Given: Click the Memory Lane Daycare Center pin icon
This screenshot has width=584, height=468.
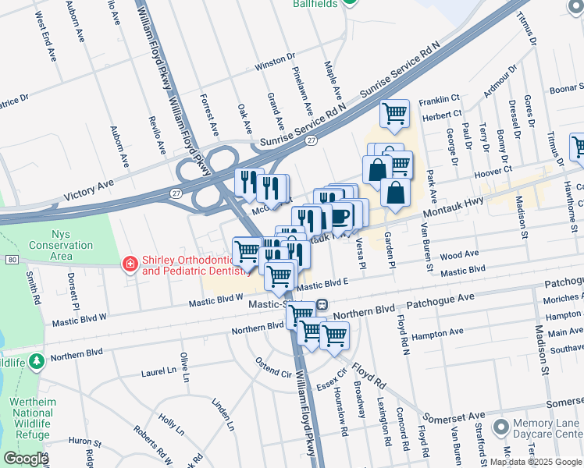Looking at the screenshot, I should (x=500, y=427).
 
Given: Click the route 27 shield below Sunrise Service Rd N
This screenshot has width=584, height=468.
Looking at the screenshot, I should (x=311, y=140).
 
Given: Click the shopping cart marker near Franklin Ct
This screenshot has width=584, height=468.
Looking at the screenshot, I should (x=394, y=113).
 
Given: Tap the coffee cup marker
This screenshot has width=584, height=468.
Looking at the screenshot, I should (x=340, y=214).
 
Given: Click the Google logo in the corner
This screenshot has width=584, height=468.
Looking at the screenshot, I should (x=26, y=459).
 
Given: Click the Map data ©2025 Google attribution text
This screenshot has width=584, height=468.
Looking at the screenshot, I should (x=535, y=462).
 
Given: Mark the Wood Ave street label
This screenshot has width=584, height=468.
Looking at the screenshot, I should (x=460, y=255).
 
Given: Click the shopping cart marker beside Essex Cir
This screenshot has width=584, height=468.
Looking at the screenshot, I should (x=334, y=335).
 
